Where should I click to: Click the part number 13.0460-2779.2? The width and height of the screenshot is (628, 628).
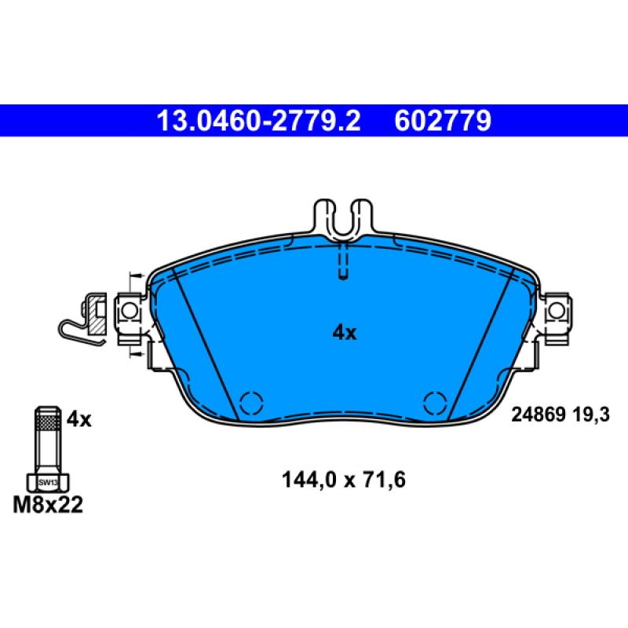coord(258,121)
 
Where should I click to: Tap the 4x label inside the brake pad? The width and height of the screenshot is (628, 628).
coord(344,333)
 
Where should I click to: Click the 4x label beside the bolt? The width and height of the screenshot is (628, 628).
coord(78,420)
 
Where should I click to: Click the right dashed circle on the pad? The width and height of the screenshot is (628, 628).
coord(435,403)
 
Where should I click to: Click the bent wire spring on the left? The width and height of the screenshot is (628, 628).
coord(75,330)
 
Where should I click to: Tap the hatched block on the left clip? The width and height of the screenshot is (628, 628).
coord(95,314)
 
